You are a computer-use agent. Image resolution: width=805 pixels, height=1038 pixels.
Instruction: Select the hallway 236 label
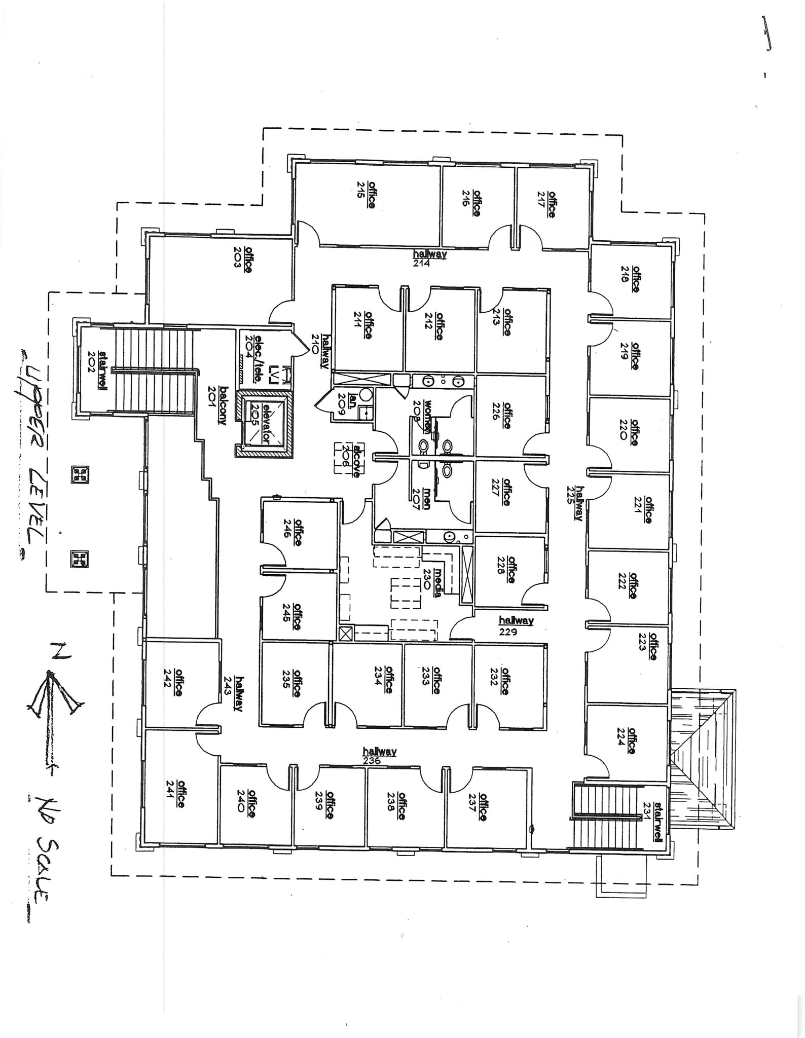(x=379, y=756)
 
